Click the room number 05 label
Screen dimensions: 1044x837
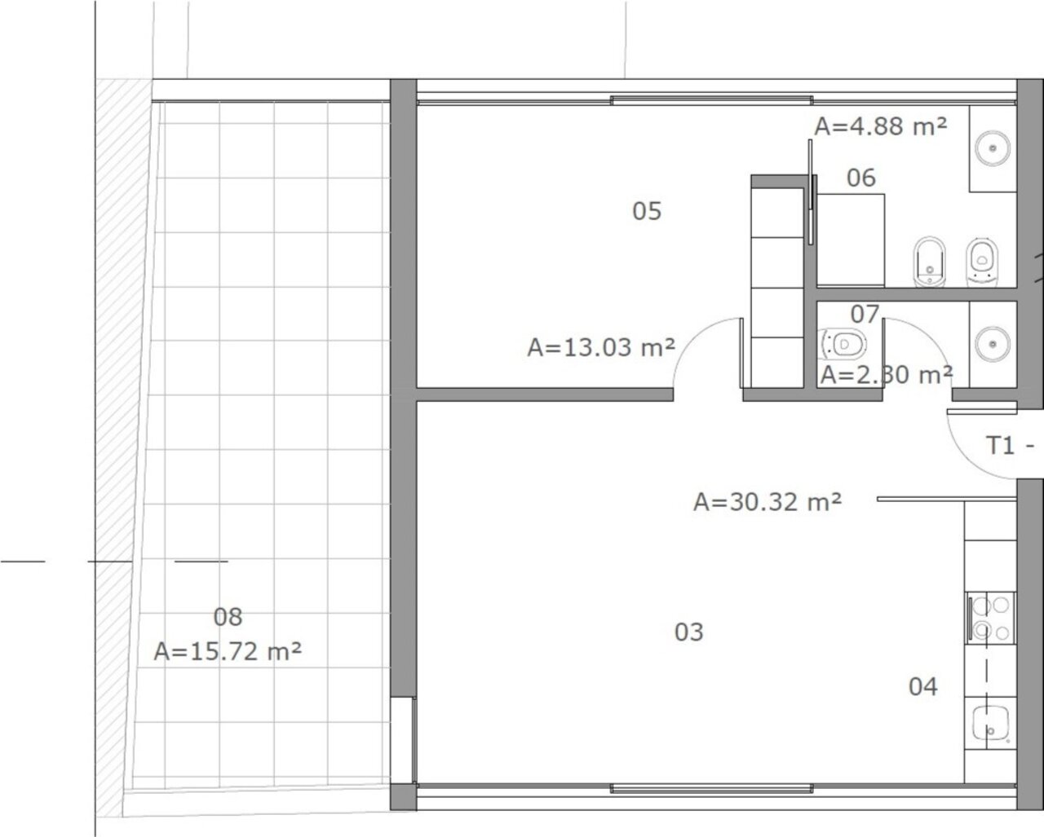[x=647, y=211]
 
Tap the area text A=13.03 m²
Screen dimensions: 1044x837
[x=601, y=347]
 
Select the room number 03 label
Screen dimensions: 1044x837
[x=689, y=632]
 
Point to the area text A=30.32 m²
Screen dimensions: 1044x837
[x=768, y=502]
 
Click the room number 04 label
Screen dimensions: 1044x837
[x=922, y=687]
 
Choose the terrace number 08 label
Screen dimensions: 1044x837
[x=228, y=617]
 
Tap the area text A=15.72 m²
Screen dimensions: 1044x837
[x=228, y=651]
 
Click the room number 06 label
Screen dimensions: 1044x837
[x=861, y=178]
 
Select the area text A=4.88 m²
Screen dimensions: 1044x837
[x=881, y=126]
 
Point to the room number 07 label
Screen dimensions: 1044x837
[x=865, y=315]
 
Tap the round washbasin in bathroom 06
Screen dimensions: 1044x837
[x=993, y=148]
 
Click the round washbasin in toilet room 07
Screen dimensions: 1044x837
[x=993, y=344]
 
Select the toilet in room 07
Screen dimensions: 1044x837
[x=843, y=344]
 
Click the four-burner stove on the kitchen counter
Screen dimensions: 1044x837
[x=989, y=618]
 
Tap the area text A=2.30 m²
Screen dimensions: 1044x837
[x=887, y=375]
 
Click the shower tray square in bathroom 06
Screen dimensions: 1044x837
[x=851, y=240]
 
